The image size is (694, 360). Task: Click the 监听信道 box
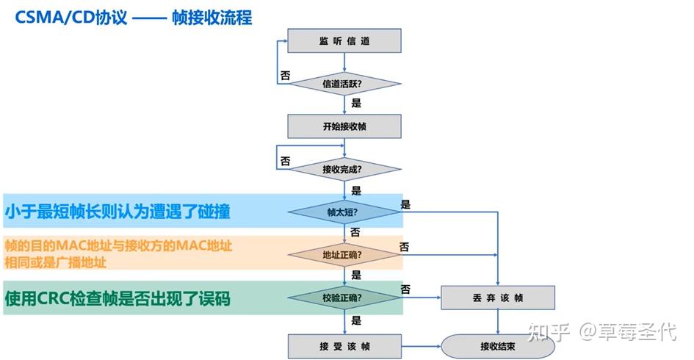[x=344, y=40]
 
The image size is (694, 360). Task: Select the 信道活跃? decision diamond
[x=344, y=84]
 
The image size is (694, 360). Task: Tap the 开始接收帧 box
[x=344, y=126]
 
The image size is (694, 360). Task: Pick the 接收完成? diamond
[x=344, y=170]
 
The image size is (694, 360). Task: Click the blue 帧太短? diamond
[x=344, y=212]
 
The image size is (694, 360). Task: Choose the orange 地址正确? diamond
[x=344, y=255]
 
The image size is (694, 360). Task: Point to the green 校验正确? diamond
[x=344, y=298]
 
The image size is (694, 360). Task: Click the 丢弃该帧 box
[x=498, y=298]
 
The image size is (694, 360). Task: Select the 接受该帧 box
[x=344, y=346]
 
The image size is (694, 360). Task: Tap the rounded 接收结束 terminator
[x=498, y=346]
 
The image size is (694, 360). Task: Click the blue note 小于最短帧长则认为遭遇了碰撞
[x=118, y=212]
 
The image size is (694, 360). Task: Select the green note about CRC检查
[x=118, y=298]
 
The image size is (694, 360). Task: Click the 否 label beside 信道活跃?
[x=285, y=75]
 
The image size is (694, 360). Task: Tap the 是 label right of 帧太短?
[x=405, y=204]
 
